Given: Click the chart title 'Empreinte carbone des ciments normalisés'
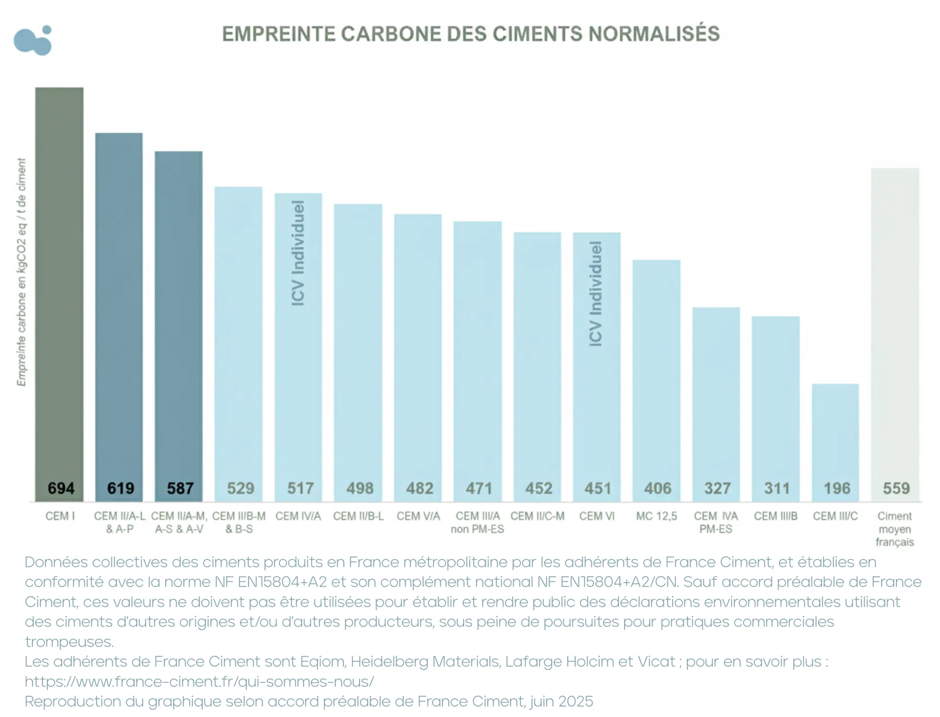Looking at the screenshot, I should click(470, 34).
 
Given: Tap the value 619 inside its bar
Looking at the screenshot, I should click(120, 488).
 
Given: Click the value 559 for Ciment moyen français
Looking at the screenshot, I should click(896, 488).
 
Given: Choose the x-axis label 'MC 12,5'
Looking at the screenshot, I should click(657, 516).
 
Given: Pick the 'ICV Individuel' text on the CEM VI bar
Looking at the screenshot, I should click(596, 294).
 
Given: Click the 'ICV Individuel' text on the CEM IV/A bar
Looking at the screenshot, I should click(298, 253).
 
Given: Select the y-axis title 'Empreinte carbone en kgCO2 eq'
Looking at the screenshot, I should click(22, 272).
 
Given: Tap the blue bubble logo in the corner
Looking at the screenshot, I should click(33, 40).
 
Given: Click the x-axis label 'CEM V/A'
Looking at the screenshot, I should click(418, 516).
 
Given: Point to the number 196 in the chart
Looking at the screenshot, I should click(836, 488).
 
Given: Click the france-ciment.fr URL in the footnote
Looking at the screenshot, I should click(199, 681).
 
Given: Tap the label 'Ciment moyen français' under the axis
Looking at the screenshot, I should click(894, 529).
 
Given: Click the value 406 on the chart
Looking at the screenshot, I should click(657, 488).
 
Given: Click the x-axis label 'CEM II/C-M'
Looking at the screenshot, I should click(537, 516).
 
